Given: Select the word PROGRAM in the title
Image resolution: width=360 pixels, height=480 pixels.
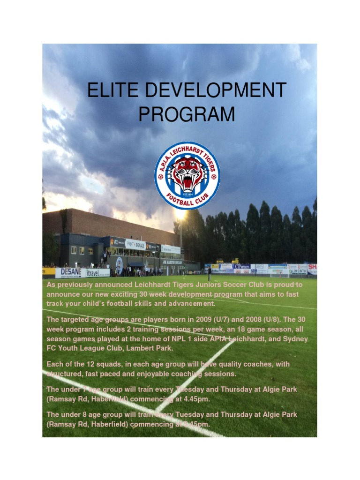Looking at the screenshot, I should [x=187, y=114].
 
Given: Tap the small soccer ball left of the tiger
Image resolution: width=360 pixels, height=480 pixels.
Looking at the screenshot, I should [x=161, y=177].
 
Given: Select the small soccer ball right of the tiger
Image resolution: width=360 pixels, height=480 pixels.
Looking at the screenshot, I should [x=214, y=177].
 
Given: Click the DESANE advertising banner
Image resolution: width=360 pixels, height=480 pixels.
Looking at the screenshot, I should [x=71, y=272].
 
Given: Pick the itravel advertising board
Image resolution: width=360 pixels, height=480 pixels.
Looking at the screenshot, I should [x=97, y=272].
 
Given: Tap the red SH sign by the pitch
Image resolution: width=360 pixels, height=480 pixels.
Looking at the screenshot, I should [x=312, y=267].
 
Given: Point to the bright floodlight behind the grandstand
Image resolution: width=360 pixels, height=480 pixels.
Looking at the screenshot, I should [x=180, y=215].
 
